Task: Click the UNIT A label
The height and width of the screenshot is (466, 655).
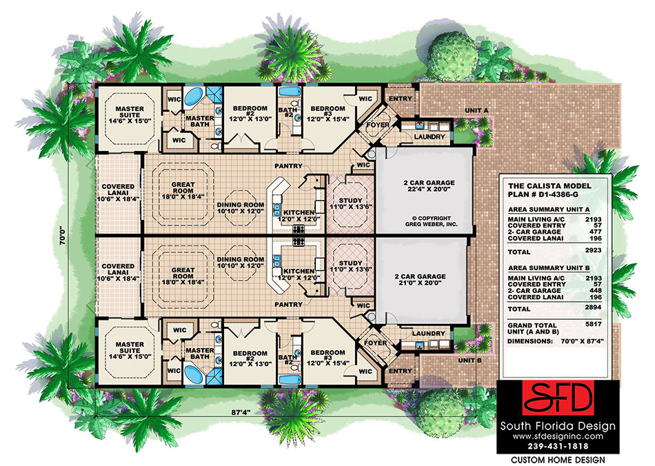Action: point(476,110)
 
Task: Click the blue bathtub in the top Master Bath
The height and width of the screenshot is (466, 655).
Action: point(194,96)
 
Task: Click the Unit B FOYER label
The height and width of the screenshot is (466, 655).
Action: point(376,342)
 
